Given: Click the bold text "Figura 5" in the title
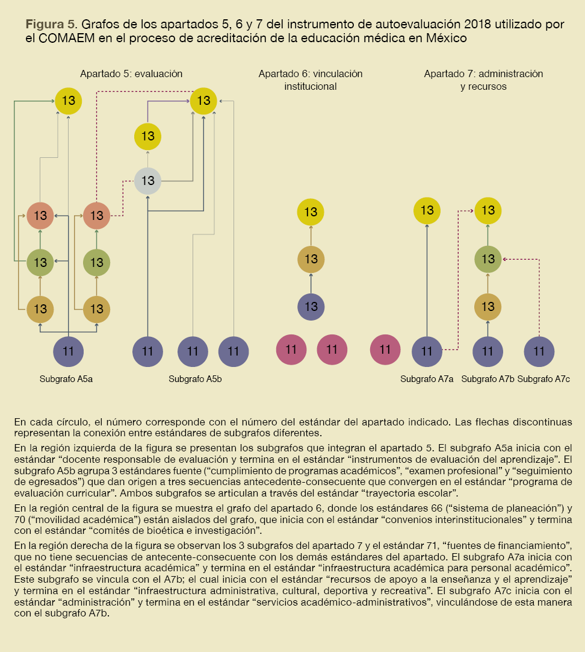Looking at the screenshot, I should click(x=50, y=24).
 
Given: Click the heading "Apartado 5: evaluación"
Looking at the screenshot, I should click(x=131, y=74).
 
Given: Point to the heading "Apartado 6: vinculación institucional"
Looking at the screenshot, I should click(x=311, y=80).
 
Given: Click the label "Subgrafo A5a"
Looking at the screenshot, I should click(x=66, y=379).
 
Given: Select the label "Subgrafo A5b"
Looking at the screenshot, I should click(x=195, y=379).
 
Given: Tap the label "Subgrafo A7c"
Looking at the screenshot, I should click(x=543, y=379).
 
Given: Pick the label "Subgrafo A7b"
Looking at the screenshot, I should click(x=487, y=379).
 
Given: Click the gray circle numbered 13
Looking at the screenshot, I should click(x=148, y=180).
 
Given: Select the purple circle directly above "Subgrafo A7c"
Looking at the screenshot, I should click(x=539, y=351).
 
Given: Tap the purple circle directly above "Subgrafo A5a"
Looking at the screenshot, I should click(x=69, y=351).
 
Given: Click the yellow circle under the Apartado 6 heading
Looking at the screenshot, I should click(x=311, y=212).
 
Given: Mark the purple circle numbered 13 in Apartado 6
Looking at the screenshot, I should click(x=311, y=306).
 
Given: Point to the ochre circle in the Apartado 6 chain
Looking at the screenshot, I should click(x=311, y=259).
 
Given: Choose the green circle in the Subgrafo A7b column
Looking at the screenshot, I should click(x=488, y=259).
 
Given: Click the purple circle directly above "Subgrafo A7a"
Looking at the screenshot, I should click(x=427, y=351).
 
